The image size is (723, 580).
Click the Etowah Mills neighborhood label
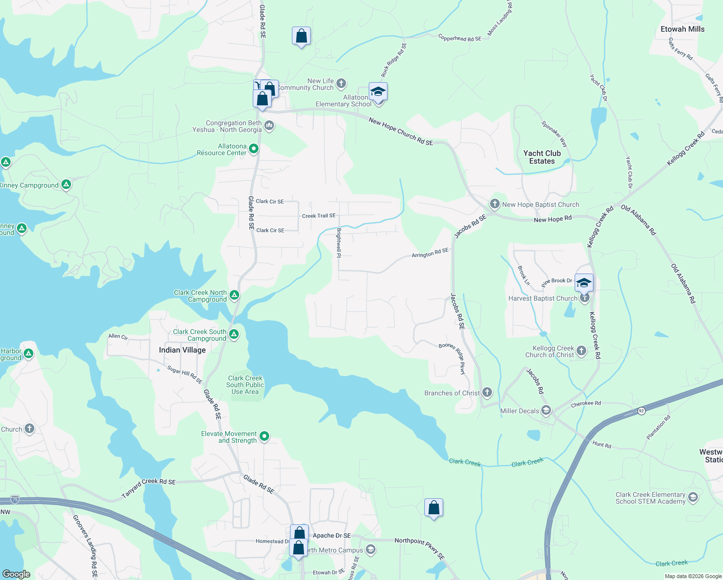682,29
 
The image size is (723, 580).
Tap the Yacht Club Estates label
542,157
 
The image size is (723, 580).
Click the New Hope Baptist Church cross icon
494,204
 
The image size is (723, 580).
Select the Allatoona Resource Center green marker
254,149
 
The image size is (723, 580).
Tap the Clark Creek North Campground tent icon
234,295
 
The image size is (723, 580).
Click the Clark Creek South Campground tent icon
234,334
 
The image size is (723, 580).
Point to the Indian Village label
182,350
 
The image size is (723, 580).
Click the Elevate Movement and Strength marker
264,436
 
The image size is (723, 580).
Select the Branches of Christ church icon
487,392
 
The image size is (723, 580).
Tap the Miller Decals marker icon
546,410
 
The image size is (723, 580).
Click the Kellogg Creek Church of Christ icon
581,351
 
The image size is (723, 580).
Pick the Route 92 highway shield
641,411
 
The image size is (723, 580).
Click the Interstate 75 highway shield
15,499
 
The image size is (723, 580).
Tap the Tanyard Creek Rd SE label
148,488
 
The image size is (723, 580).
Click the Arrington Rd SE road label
430,253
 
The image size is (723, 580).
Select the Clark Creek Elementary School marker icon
693,497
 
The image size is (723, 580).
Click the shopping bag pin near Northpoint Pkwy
434,508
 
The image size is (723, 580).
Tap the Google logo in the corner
16,574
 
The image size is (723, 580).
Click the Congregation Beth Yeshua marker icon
269,126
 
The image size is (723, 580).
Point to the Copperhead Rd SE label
459,38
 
